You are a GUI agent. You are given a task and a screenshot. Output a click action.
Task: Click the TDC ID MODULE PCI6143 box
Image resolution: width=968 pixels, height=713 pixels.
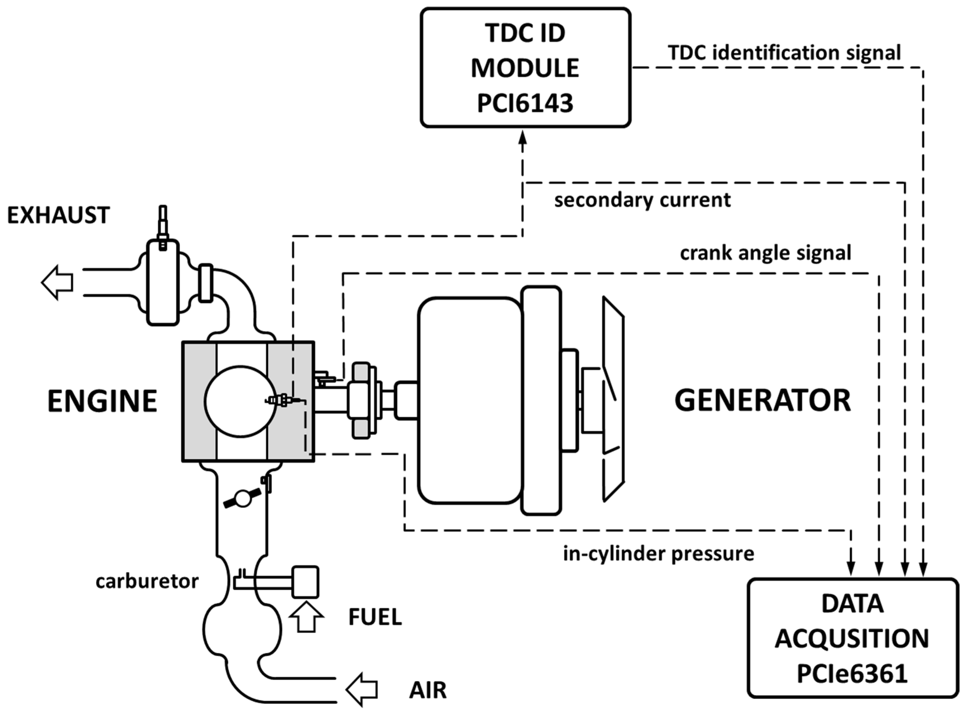pos(525,68)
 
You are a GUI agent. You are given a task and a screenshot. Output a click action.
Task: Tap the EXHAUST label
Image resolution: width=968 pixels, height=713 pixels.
pos(59,215)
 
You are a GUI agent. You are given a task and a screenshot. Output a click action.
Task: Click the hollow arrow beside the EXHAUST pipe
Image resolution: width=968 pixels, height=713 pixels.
pos(57,283)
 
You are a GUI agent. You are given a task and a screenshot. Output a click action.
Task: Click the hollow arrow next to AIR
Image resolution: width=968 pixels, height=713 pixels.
pos(362,689)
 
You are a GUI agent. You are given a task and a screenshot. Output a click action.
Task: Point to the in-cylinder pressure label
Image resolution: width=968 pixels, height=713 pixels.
pos(658,554)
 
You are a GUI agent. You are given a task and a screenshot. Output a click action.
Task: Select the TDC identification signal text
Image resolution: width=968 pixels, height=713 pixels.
pos(784,53)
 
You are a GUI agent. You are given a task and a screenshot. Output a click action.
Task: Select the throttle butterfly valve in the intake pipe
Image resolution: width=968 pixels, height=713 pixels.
pos(243,498)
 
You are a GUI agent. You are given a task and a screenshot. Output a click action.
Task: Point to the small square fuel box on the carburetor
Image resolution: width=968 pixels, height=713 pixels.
pos(305,582)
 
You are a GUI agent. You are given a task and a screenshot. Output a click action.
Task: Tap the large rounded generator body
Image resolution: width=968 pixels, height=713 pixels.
pos(470,401)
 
